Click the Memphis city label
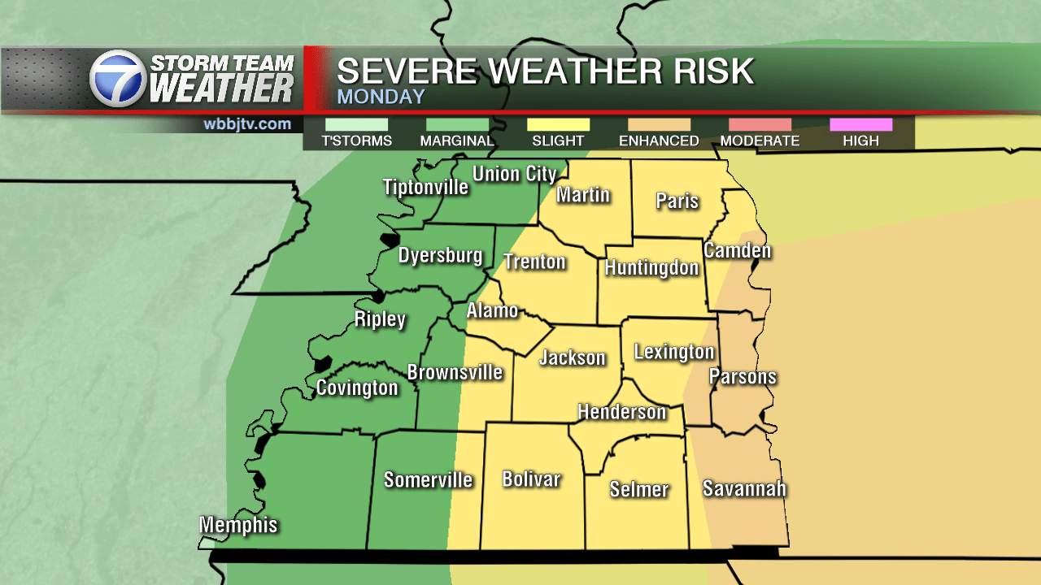tap(239, 525)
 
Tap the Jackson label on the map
tap(573, 357)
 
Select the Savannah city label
tap(744, 488)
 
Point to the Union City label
tap(514, 174)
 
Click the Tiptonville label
tap(425, 187)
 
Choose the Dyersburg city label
tap(440, 255)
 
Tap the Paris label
tap(677, 200)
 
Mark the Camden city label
tap(737, 249)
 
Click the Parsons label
tap(743, 376)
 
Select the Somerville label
tap(428, 479)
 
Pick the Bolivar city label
tap(531, 479)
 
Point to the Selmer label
tap(639, 489)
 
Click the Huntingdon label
tap(651, 267)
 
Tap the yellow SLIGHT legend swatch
tap(558, 124)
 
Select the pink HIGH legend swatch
tap(860, 124)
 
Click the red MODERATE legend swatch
tap(760, 124)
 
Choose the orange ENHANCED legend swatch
tap(659, 124)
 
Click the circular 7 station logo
tap(117, 79)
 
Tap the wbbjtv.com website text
tap(247, 124)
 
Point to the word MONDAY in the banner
tap(381, 97)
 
